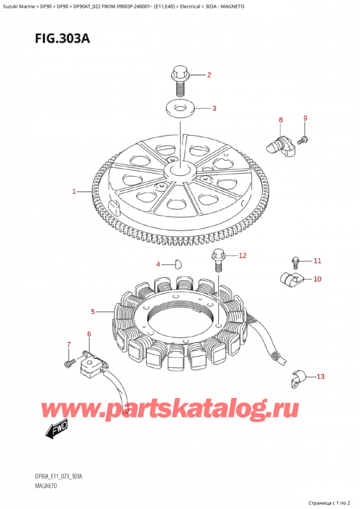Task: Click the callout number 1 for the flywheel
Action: coord(74,191)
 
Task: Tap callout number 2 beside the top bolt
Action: coord(209,75)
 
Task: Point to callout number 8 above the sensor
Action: coord(281,121)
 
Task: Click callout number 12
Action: coord(242,256)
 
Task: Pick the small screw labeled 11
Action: coord(295,261)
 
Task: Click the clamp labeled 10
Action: coord(291,278)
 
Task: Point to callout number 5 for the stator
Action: coord(93,312)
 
